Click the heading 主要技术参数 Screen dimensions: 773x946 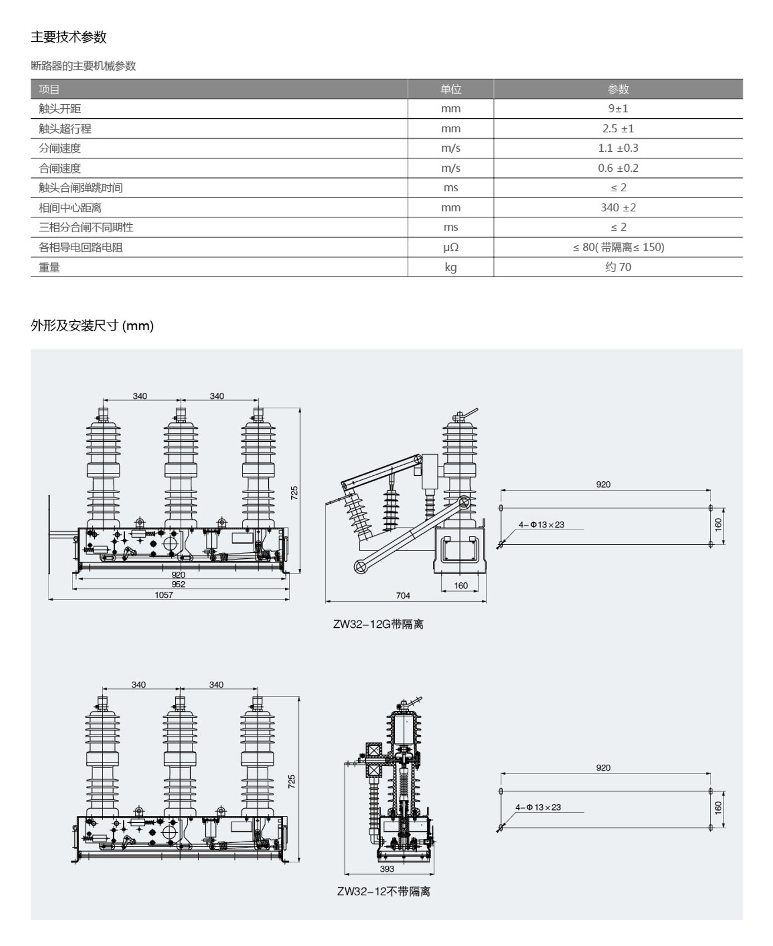coord(69,37)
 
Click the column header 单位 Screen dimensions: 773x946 coord(451,89)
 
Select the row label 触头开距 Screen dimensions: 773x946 coord(60,109)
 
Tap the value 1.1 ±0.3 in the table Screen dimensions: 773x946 coord(618,148)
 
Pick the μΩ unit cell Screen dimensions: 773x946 coord(451,247)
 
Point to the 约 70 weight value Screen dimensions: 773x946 coord(618,267)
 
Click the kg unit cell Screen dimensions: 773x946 coord(451,267)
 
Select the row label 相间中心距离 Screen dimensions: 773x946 coord(70,207)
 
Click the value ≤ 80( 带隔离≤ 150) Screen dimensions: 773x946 coord(619,247)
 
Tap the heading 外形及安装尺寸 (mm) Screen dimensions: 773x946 coord(92,326)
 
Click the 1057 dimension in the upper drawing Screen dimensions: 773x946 coord(164,595)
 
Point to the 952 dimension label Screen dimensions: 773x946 coord(178,585)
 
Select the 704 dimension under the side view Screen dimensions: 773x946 coord(403,596)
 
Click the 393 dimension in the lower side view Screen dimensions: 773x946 coord(387,868)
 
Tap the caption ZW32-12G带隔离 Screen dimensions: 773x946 coord(378,624)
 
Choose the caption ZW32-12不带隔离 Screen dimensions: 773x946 coord(384,891)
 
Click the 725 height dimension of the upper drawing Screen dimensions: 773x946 coord(294,493)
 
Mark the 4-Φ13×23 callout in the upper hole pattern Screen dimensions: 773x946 coord(542,524)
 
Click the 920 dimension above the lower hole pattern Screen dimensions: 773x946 coord(603,768)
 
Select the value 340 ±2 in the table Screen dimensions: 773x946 coord(618,207)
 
